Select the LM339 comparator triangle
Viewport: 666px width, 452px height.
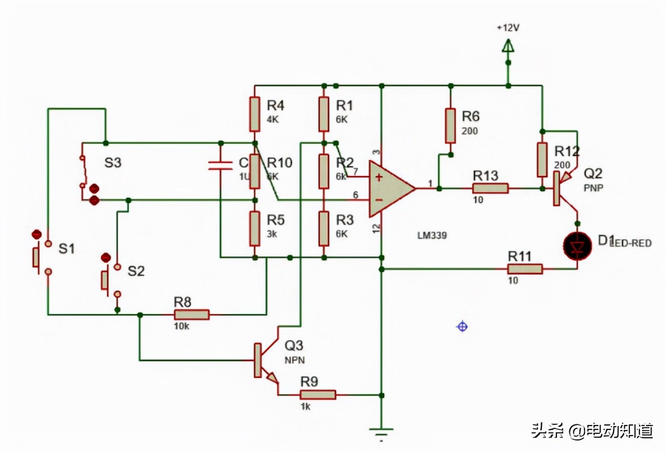click(390, 188)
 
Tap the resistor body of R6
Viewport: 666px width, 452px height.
click(450, 125)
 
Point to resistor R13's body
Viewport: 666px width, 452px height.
click(490, 188)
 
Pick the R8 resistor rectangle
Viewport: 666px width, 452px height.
click(191, 314)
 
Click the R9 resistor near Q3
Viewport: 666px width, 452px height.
click(317, 394)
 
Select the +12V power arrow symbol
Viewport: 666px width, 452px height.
click(508, 47)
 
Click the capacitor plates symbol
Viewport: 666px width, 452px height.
click(220, 165)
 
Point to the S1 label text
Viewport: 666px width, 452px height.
click(66, 248)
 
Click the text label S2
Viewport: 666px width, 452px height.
click(135, 271)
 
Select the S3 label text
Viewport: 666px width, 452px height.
click(112, 162)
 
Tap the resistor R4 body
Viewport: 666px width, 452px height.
click(254, 114)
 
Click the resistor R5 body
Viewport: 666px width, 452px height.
click(254, 228)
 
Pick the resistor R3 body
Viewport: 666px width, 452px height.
click(324, 228)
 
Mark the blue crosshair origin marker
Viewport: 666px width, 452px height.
click(462, 326)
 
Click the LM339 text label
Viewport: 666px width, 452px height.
click(432, 234)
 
